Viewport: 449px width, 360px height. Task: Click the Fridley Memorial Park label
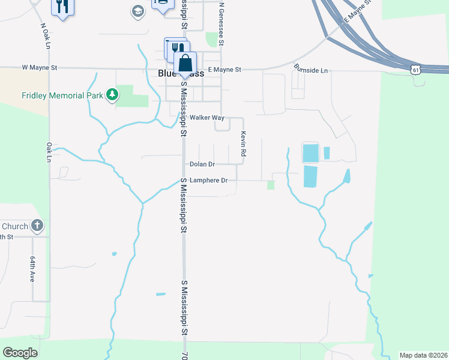pos(62,95)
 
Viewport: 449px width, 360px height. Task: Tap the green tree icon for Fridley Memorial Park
pos(112,94)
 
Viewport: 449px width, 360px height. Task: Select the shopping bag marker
pos(185,62)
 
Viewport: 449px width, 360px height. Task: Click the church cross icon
pos(37,226)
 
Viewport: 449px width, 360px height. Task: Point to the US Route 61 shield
pos(415,70)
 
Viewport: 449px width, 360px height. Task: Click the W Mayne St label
pos(39,68)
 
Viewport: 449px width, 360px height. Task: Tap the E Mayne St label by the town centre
pos(224,70)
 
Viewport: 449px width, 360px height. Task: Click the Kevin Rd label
pos(244,145)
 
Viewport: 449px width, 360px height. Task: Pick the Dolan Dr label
pos(202,164)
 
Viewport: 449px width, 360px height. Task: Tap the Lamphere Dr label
pos(208,180)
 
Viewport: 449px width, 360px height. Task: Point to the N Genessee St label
pos(221,24)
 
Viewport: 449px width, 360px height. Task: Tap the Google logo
pos(20,353)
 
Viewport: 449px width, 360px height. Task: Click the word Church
pos(15,226)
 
